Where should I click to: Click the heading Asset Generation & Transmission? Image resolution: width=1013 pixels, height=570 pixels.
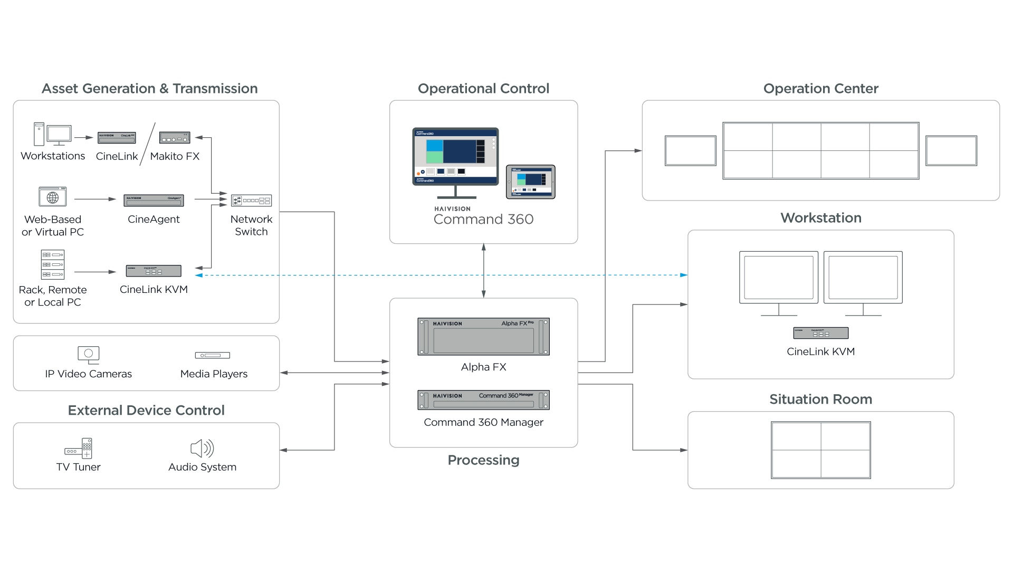point(150,89)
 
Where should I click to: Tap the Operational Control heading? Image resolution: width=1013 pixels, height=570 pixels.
point(483,89)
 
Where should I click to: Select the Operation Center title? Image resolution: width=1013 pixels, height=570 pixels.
point(821,89)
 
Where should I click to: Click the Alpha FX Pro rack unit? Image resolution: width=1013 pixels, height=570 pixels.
point(483,337)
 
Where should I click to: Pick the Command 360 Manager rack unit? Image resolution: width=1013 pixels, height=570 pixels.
point(483,400)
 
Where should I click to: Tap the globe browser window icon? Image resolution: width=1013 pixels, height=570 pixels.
point(53,197)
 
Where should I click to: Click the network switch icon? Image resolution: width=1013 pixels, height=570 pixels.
point(252,201)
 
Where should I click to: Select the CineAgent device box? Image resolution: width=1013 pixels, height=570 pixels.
point(154,201)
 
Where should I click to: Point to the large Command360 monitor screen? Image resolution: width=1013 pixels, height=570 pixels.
point(455,156)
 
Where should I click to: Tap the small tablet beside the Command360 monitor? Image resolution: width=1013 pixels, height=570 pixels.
point(531,182)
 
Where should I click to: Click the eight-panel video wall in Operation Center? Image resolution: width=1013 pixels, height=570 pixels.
point(821,151)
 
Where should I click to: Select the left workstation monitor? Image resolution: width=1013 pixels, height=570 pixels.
point(779,278)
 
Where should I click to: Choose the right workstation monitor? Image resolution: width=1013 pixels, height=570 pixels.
point(863,278)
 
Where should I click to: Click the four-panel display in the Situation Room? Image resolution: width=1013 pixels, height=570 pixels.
point(821,450)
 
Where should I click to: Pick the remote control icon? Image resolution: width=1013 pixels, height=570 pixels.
point(87,448)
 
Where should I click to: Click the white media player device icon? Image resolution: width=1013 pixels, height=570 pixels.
point(212,355)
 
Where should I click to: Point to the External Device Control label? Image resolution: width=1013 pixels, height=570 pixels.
point(147,412)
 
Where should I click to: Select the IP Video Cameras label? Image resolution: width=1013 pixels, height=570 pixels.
point(89,374)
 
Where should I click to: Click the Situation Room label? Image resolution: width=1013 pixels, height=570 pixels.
point(821,401)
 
